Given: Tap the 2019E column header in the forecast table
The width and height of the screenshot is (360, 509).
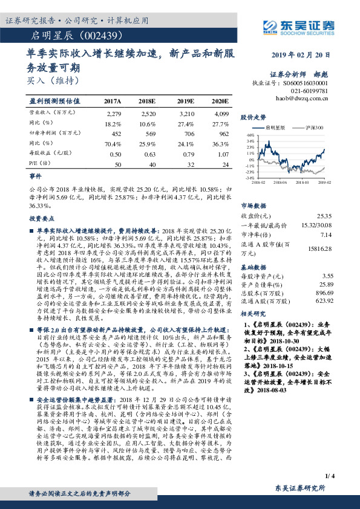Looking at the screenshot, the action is click(x=185, y=101).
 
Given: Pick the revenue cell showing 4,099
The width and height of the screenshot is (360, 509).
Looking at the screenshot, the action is click(x=221, y=113).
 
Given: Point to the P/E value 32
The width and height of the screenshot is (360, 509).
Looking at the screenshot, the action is click(x=192, y=164).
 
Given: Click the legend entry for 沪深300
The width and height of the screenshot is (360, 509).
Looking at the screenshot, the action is click(x=314, y=129).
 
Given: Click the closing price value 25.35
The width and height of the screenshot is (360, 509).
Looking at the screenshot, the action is click(x=323, y=215).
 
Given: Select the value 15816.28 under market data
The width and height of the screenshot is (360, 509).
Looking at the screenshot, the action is click(x=319, y=247).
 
